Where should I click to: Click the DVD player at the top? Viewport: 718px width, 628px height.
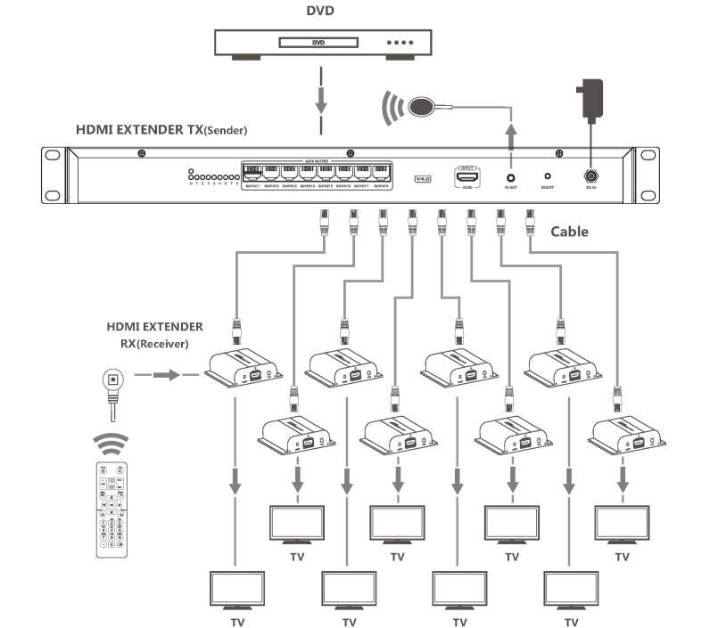pos(320,43)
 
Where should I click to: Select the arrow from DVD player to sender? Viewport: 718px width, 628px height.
pos(320,98)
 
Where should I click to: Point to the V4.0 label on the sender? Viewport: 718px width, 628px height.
pos(424,178)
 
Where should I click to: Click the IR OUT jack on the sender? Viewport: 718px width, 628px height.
pos(510,176)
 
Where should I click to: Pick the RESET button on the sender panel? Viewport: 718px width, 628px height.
pos(548,177)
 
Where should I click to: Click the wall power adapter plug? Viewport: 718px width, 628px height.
pos(590,99)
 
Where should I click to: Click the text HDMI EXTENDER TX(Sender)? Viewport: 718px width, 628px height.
pos(161,130)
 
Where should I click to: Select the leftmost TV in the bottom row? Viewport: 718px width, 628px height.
pos(236,591)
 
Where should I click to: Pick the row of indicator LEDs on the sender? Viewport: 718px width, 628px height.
pos(212,175)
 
